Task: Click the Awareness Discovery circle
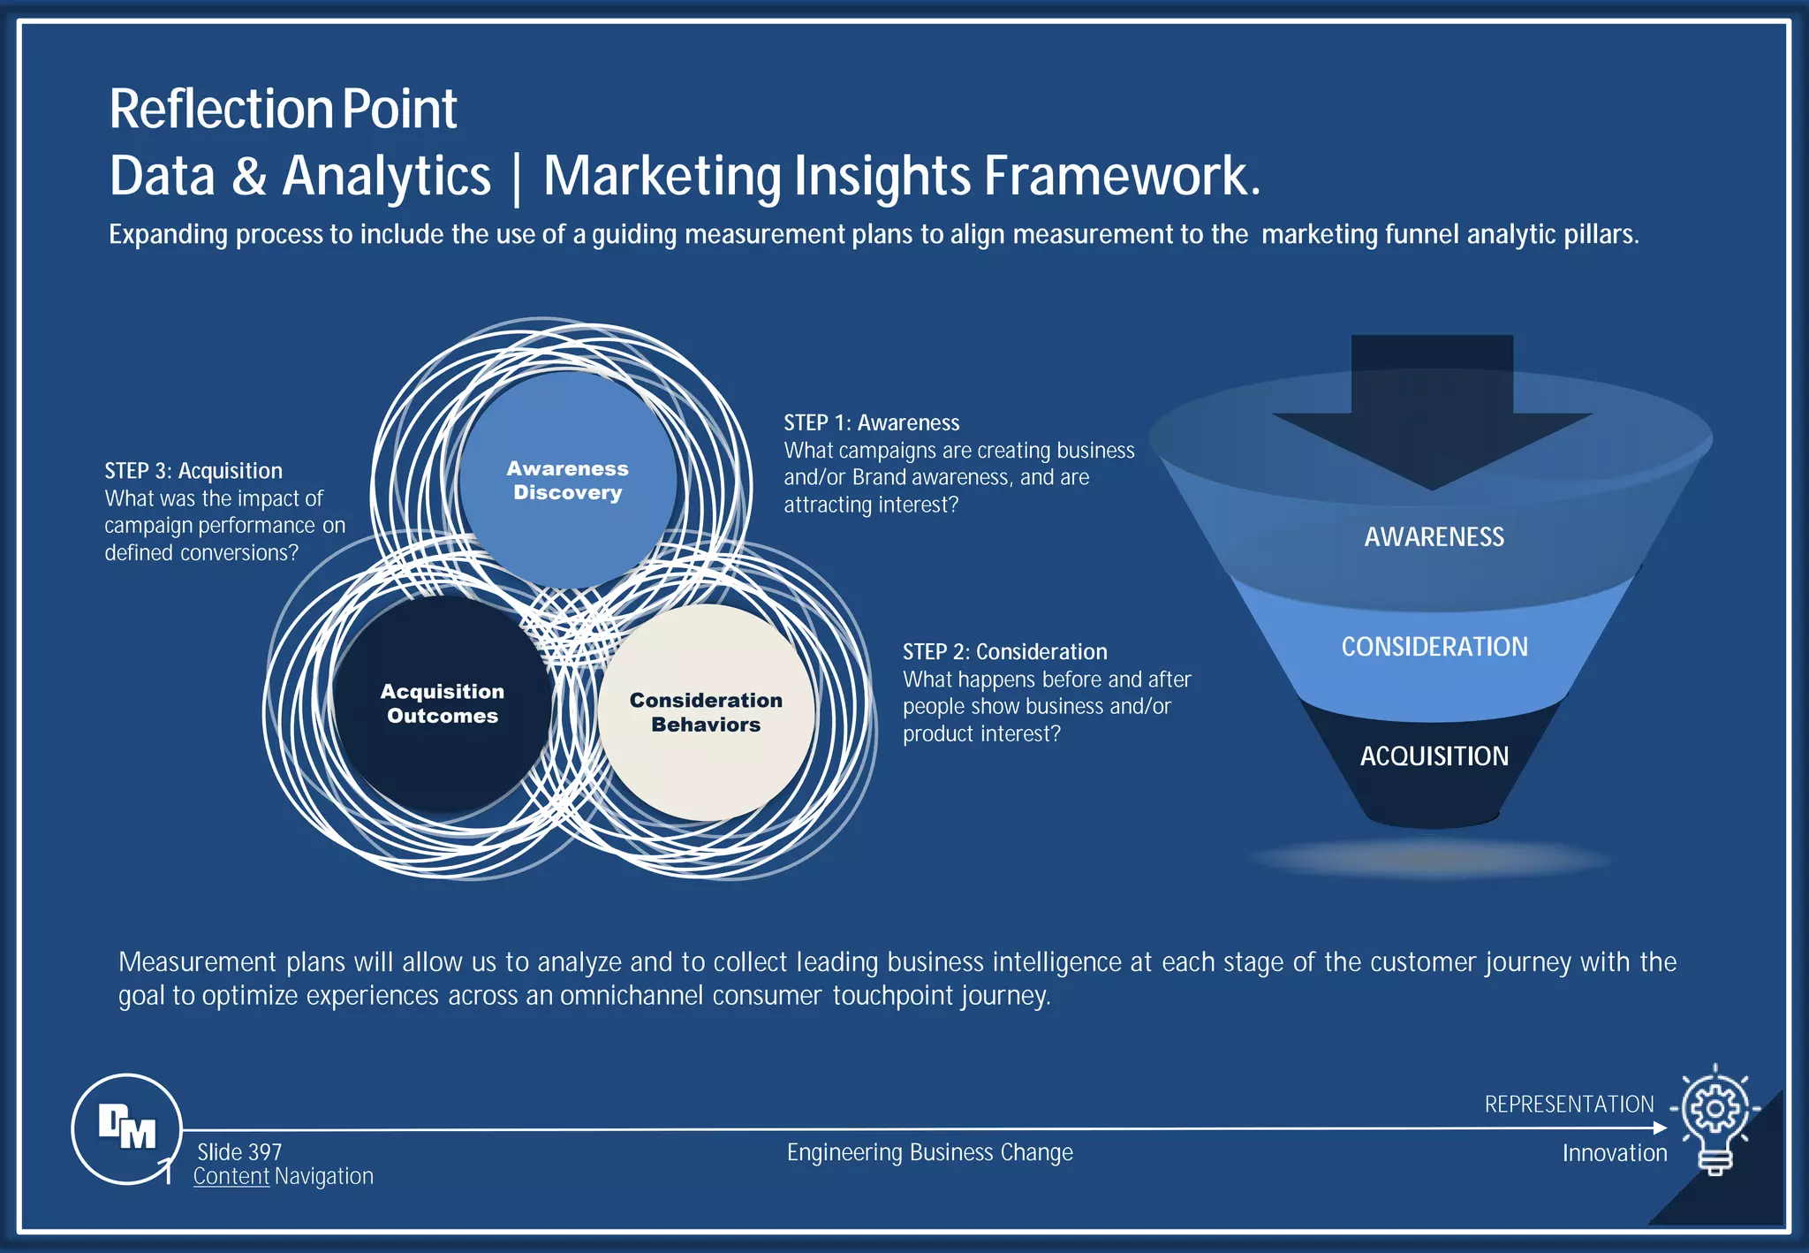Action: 567,480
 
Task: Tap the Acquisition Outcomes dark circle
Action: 442,703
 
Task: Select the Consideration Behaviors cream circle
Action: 706,712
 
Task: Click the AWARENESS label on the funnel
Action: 1434,536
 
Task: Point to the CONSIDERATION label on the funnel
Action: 1434,646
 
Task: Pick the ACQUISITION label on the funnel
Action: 1434,756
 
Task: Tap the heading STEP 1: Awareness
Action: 871,422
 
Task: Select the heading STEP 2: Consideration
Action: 1004,651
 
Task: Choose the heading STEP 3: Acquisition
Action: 193,470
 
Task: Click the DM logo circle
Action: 126,1128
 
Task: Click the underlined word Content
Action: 231,1176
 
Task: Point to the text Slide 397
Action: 239,1151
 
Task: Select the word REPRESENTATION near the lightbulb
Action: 1569,1104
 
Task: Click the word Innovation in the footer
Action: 1615,1152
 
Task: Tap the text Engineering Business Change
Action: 929,1151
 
